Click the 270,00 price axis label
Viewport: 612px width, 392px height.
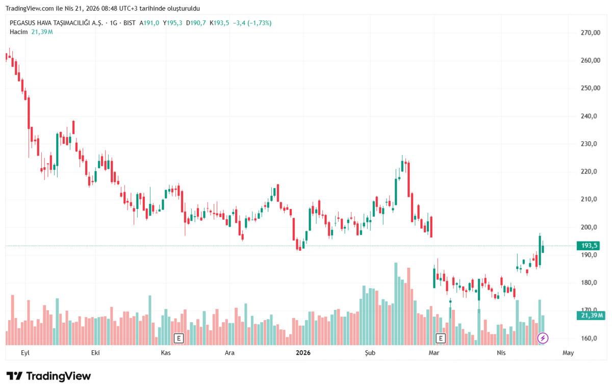tap(590, 33)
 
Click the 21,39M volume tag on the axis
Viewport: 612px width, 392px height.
tap(592, 316)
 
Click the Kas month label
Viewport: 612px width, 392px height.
tap(165, 353)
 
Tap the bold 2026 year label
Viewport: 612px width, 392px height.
tap(303, 353)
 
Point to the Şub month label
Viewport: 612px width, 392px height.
tap(370, 353)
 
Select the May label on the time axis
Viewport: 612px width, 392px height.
tap(568, 353)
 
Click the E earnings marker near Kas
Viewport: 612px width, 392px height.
tap(178, 337)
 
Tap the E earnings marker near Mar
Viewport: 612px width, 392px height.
tap(441, 337)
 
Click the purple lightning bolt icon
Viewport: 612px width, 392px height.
tap(543, 337)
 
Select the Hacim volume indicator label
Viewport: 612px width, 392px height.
tap(18, 32)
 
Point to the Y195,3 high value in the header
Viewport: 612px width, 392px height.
tap(173, 23)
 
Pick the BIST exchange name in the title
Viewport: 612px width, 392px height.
tap(130, 23)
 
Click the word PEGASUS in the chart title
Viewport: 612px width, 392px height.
tap(22, 23)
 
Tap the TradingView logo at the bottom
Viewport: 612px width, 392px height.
tap(48, 376)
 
